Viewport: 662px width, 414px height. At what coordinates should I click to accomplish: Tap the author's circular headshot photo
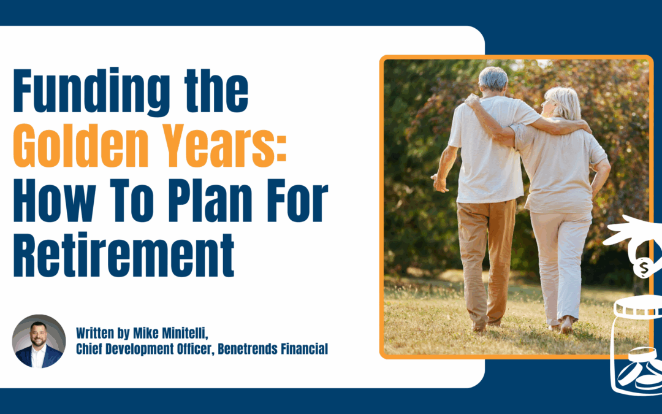coord(39,341)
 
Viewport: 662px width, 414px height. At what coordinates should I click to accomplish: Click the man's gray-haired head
coord(493,80)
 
